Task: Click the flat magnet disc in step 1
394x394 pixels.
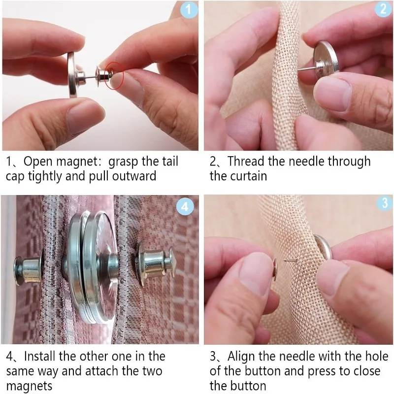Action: [x=72, y=74]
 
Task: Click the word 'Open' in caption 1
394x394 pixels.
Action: [x=38, y=162]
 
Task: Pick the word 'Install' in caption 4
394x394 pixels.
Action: [x=42, y=356]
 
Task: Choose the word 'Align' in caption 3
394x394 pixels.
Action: [x=244, y=356]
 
